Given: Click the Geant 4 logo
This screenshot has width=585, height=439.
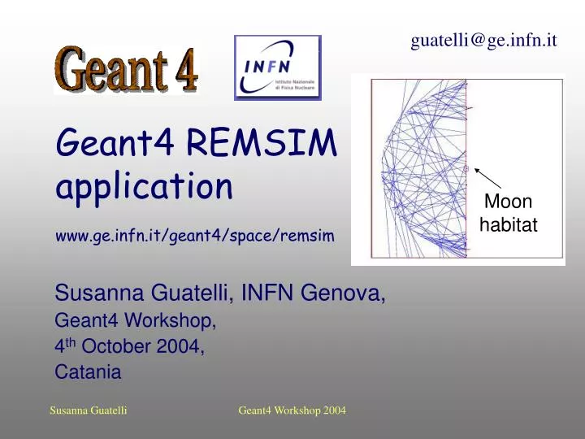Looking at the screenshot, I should click(x=126, y=70).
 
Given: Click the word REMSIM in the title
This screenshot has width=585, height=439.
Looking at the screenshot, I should click(x=261, y=145).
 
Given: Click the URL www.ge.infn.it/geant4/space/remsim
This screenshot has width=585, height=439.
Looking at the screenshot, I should click(x=194, y=235).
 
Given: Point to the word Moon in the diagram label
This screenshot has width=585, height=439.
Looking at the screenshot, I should click(x=508, y=202).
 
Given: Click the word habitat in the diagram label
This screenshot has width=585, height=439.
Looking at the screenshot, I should click(x=509, y=225).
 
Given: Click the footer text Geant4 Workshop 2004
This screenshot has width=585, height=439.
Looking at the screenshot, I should click(x=292, y=411).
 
